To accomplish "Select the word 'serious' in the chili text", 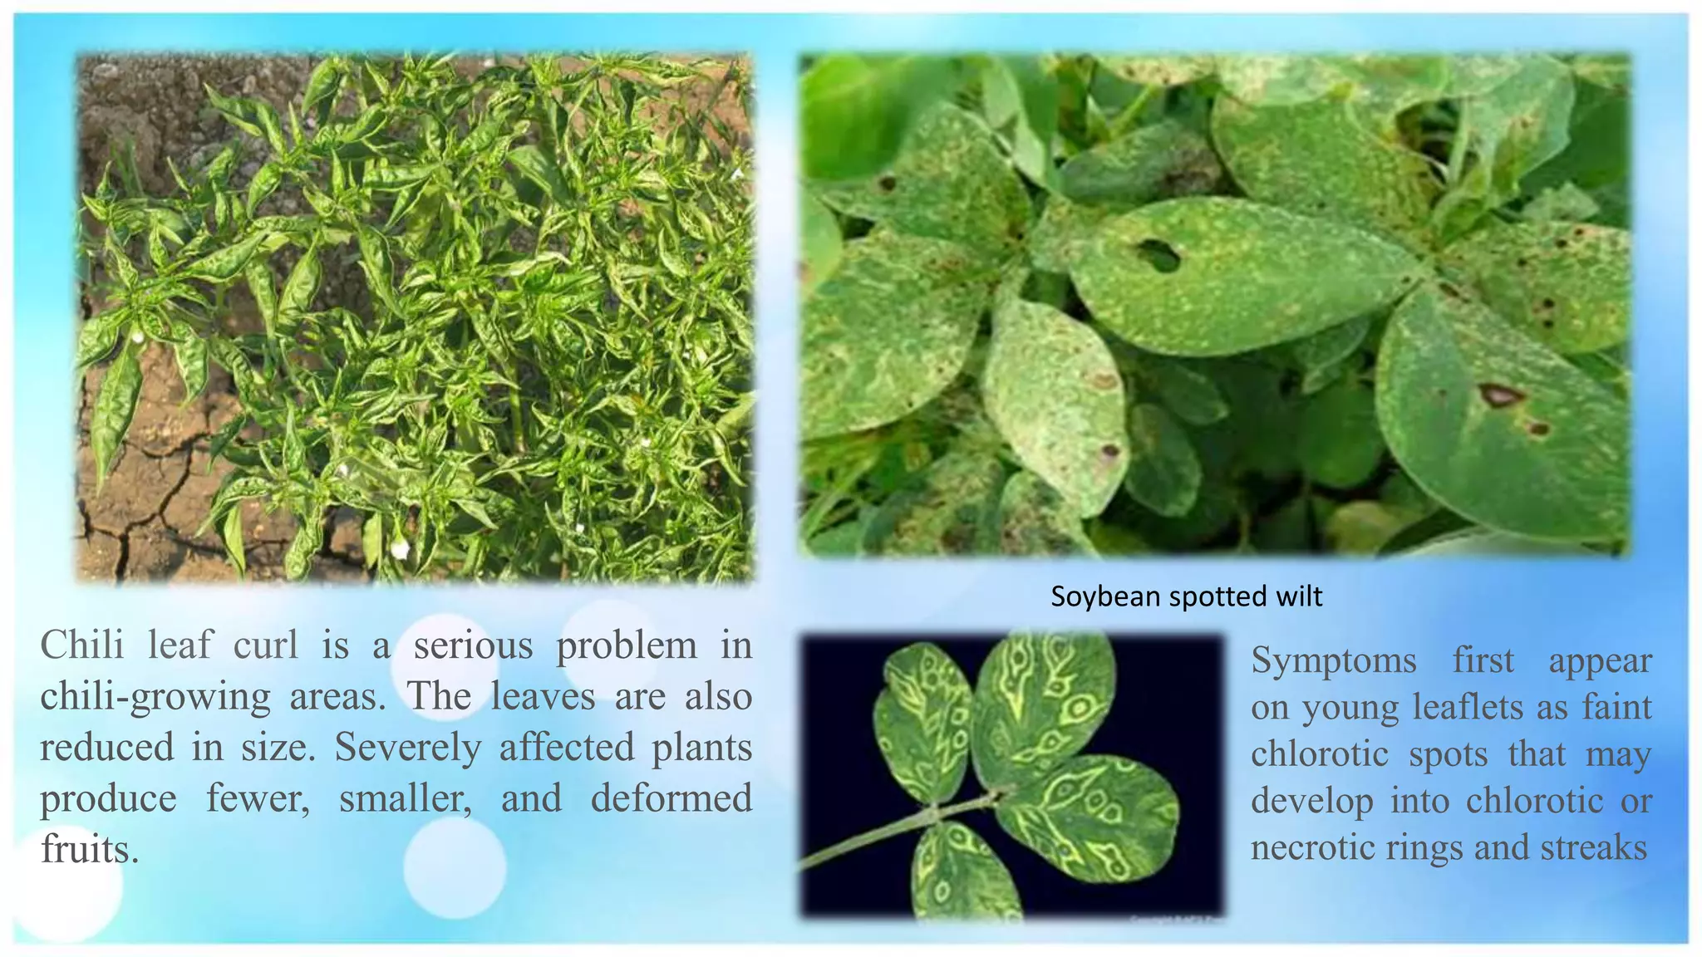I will pyautogui.click(x=473, y=645).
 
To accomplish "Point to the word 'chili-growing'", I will pyautogui.click(x=155, y=697).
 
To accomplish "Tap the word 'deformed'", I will pyautogui.click(x=671, y=798).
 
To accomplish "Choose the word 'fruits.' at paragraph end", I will pyautogui.click(x=89, y=849).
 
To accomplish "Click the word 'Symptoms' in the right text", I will pyautogui.click(x=1333, y=660).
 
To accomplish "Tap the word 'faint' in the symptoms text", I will pyautogui.click(x=1616, y=707).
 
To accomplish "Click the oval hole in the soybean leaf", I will pyautogui.click(x=1158, y=255).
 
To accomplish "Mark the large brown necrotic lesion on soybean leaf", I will pyautogui.click(x=1500, y=394).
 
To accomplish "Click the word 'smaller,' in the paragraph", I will pyautogui.click(x=406, y=798).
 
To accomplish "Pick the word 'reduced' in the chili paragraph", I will pyautogui.click(x=106, y=747).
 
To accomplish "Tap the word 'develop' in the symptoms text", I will pyautogui.click(x=1311, y=801).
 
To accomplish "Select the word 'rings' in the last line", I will pyautogui.click(x=1425, y=847).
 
